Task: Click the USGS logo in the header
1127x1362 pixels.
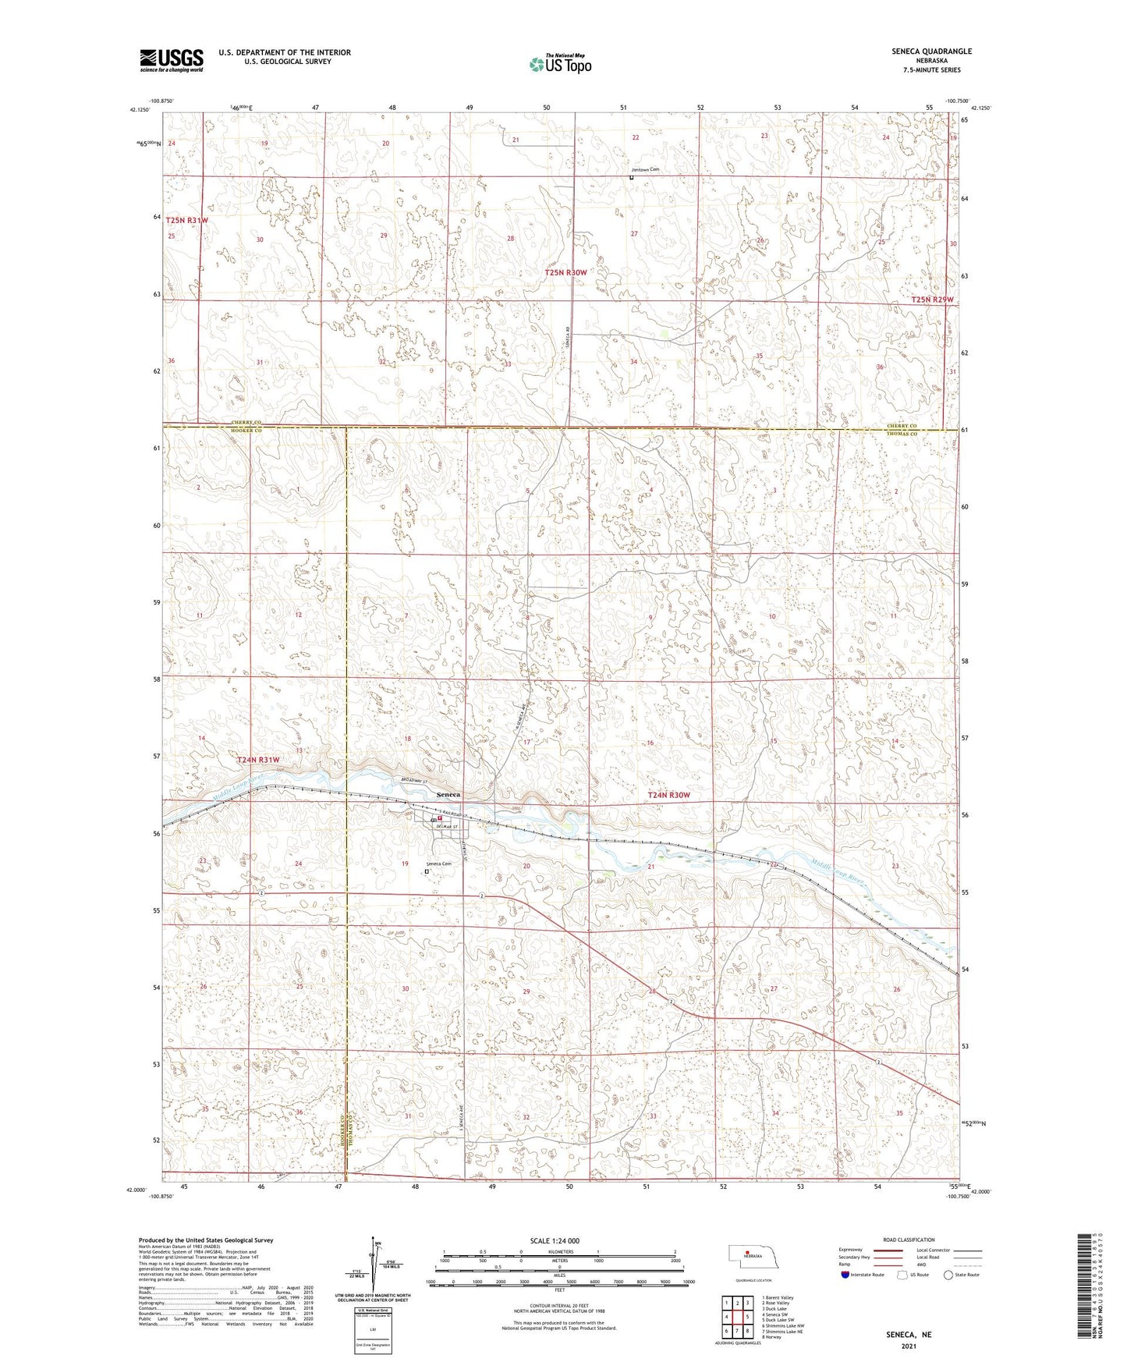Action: coord(172,59)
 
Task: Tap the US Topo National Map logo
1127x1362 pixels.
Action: coord(559,63)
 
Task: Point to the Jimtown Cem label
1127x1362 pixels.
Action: coord(645,169)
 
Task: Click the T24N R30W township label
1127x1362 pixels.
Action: coord(669,795)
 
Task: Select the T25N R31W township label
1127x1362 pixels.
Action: coord(187,221)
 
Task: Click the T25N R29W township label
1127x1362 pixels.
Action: coord(933,300)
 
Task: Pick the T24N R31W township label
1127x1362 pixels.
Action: coord(258,759)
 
